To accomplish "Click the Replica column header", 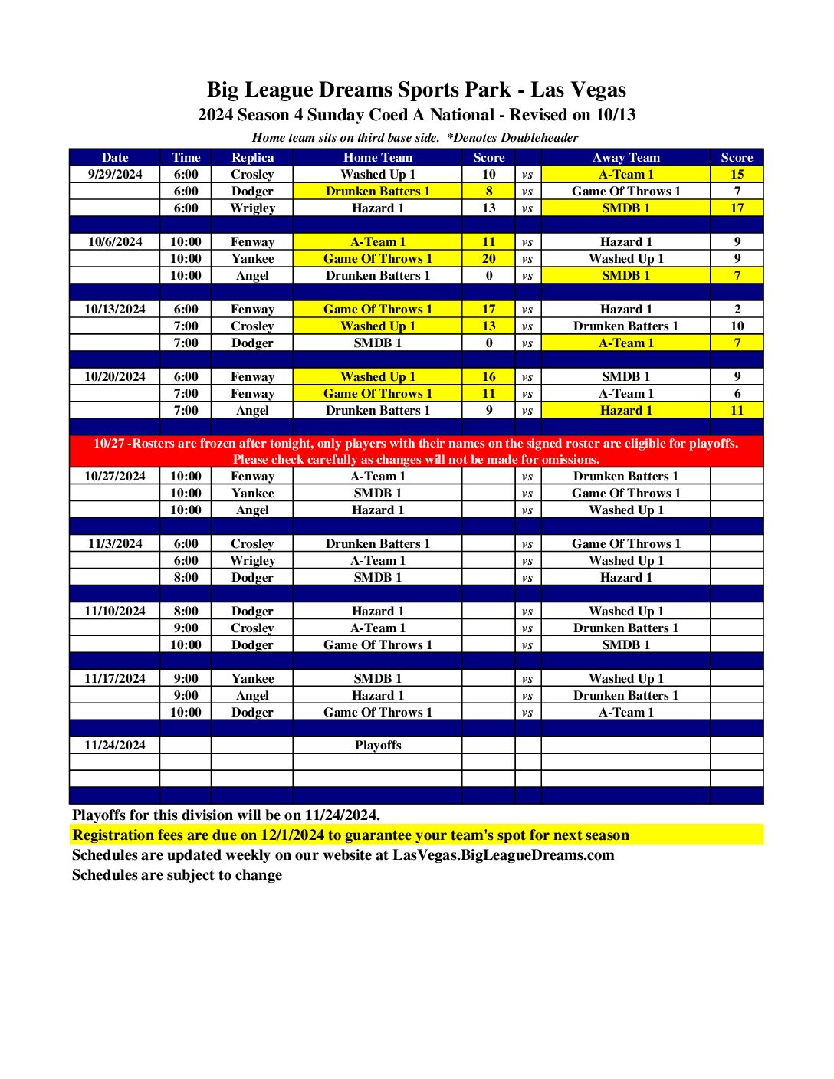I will point(252,157).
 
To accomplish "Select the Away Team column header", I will point(625,157).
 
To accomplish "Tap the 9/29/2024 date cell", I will point(115,174).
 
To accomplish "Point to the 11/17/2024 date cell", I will point(115,678).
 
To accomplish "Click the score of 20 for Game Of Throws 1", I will point(488,258).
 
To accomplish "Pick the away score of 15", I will point(737,174).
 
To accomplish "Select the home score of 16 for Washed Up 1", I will point(488,376).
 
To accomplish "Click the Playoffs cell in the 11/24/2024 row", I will point(378,745).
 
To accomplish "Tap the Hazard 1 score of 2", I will point(737,309).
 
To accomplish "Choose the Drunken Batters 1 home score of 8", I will point(488,191).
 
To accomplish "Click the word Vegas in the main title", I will point(599,90).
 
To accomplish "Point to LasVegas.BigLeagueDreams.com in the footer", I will point(504,854).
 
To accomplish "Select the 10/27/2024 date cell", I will point(115,476).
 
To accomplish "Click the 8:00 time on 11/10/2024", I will point(186,611).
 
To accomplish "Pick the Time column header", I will point(186,157).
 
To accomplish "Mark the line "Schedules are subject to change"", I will point(177,874).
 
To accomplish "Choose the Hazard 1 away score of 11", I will point(737,410).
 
